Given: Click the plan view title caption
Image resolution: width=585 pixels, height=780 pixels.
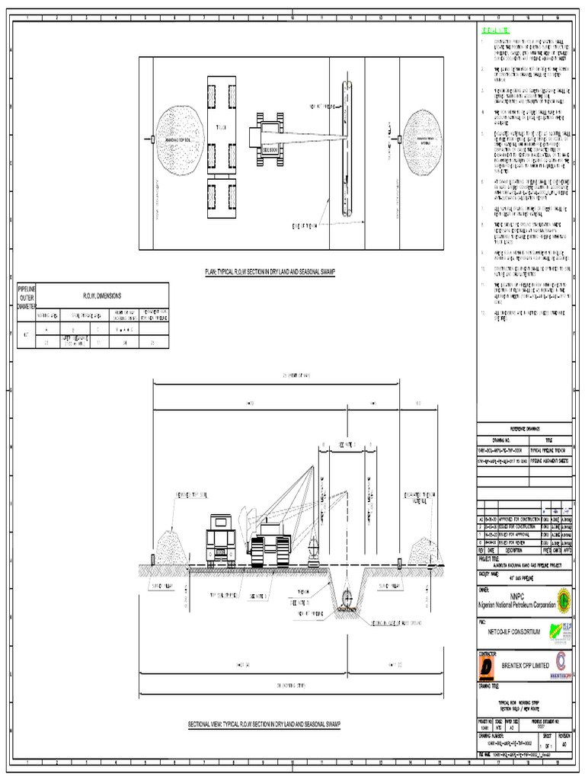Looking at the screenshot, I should [270, 271].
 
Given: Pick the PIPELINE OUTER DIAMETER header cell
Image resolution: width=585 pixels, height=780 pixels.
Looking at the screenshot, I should [27, 296].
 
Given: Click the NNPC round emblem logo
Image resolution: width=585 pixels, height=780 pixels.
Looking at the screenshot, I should [562, 597].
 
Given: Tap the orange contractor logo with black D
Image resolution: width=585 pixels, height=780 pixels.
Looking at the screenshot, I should [487, 668].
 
